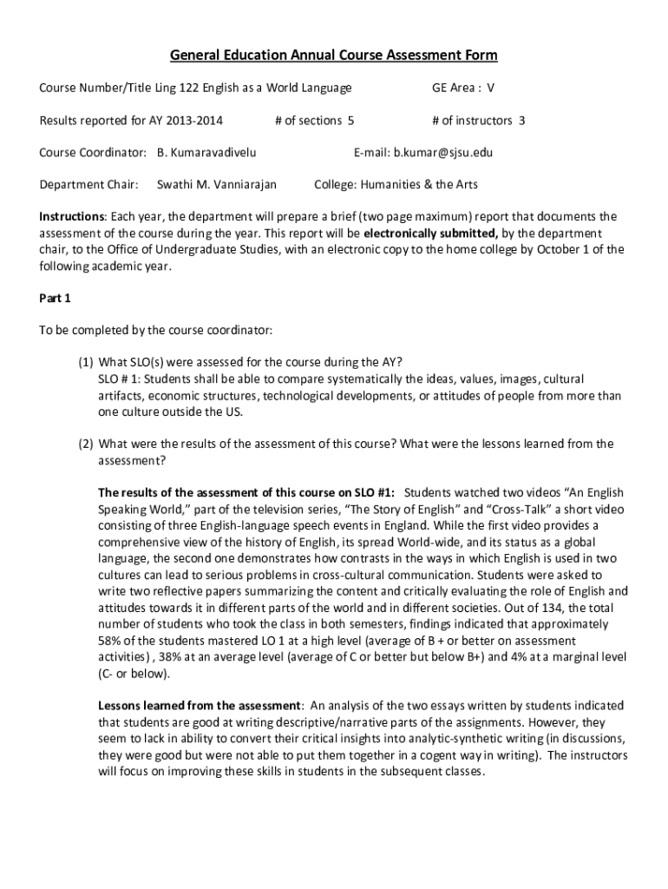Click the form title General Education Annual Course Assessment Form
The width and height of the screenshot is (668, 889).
(334, 56)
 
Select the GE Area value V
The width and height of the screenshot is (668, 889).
(490, 88)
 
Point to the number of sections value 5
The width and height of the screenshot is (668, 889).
(350, 121)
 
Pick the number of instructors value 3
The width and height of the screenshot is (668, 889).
(521, 121)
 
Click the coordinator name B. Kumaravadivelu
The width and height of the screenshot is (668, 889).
(206, 153)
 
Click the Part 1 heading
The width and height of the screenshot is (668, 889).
(56, 299)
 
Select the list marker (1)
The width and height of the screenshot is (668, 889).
(85, 363)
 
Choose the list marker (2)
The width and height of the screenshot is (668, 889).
(85, 444)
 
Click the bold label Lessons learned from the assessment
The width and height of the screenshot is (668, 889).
(199, 706)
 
